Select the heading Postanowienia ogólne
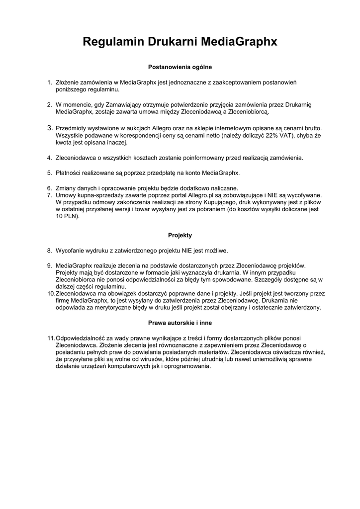tap(180, 66)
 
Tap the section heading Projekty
tap(180, 235)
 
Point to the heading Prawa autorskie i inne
tap(180, 323)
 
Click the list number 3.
tap(50, 128)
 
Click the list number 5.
tap(50, 173)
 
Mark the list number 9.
tap(50, 265)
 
